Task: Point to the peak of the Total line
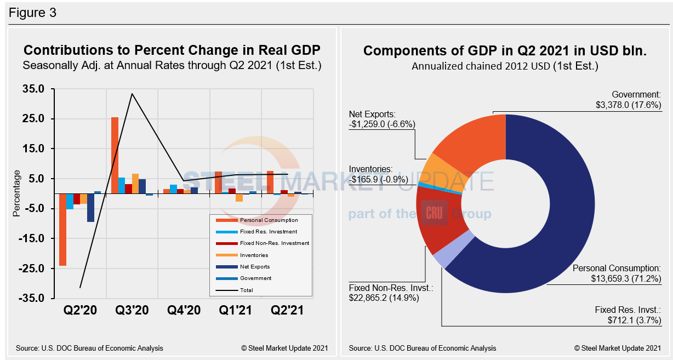pos(132,94)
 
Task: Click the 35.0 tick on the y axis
pos(34,89)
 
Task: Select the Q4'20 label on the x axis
pos(184,310)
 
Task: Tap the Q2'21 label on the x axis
pos(287,310)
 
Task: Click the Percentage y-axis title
pos(16,193)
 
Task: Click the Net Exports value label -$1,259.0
pos(382,124)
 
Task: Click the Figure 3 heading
pos(33,13)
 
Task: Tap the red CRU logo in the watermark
pos(434,213)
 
